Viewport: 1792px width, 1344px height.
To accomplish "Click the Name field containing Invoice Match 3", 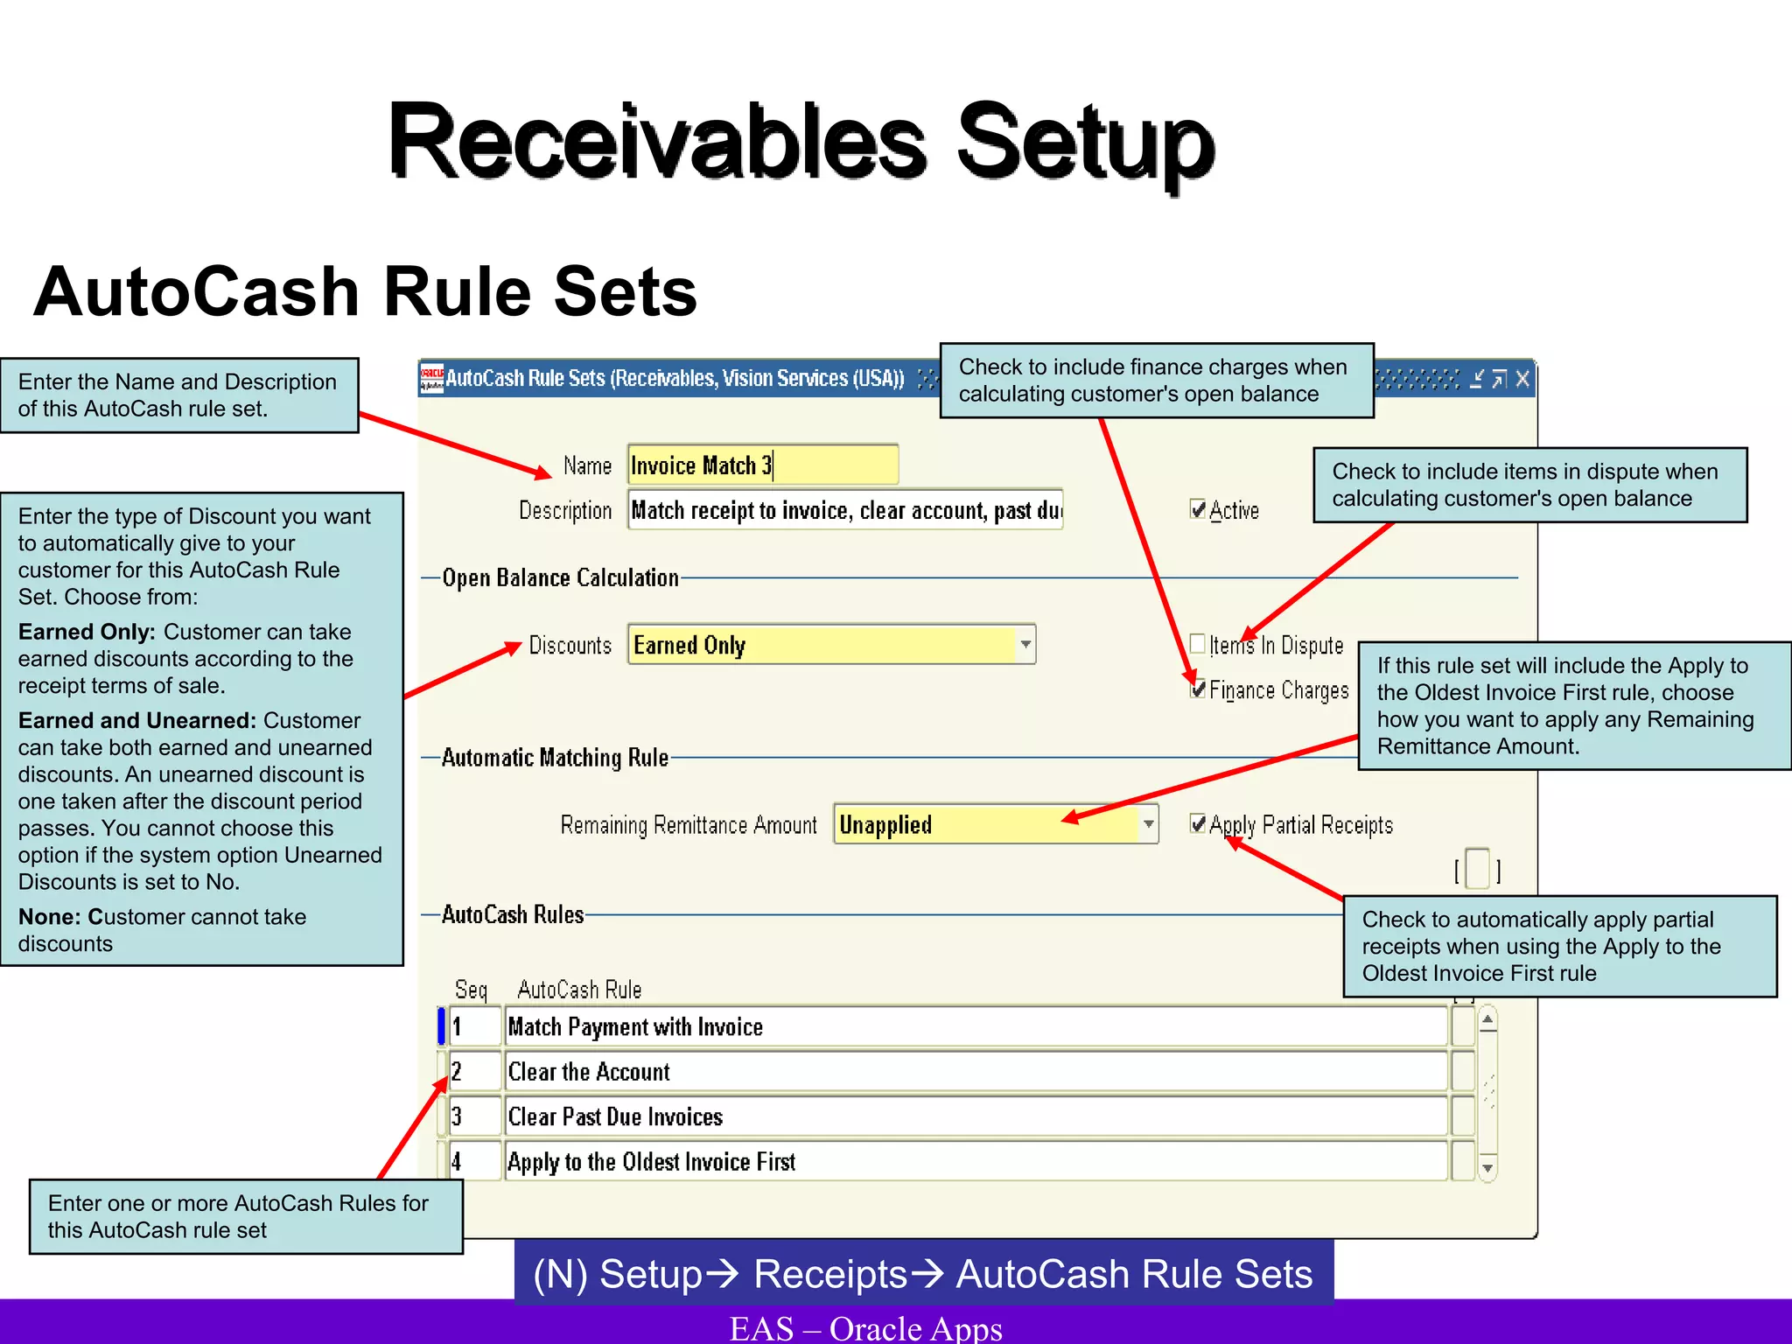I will pos(761,465).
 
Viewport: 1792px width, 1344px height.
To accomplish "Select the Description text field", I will pos(844,510).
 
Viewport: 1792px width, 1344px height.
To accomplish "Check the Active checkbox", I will pos(1198,509).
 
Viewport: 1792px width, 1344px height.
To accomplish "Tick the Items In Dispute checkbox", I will pos(1198,644).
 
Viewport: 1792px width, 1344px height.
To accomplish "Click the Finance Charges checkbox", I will pos(1198,689).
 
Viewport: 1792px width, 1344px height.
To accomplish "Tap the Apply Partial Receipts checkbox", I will pos(1198,823).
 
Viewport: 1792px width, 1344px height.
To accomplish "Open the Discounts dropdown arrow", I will pos(1025,645).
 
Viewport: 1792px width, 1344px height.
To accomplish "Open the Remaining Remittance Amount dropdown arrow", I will pos(1148,824).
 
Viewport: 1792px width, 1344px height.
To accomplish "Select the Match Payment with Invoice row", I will pos(975,1026).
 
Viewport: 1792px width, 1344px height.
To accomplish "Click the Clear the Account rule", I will pos(975,1072).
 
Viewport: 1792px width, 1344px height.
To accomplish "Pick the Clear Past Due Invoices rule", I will pos(975,1116).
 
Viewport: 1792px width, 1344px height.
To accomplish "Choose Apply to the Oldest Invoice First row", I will pos(975,1162).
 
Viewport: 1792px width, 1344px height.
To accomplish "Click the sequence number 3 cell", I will pos(475,1116).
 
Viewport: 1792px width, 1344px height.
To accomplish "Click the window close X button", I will pos(1522,379).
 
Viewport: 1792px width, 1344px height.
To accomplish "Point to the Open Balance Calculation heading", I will pos(560,577).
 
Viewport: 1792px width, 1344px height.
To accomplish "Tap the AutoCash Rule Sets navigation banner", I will pos(923,1274).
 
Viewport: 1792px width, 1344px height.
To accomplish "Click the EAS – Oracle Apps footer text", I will pos(865,1328).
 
